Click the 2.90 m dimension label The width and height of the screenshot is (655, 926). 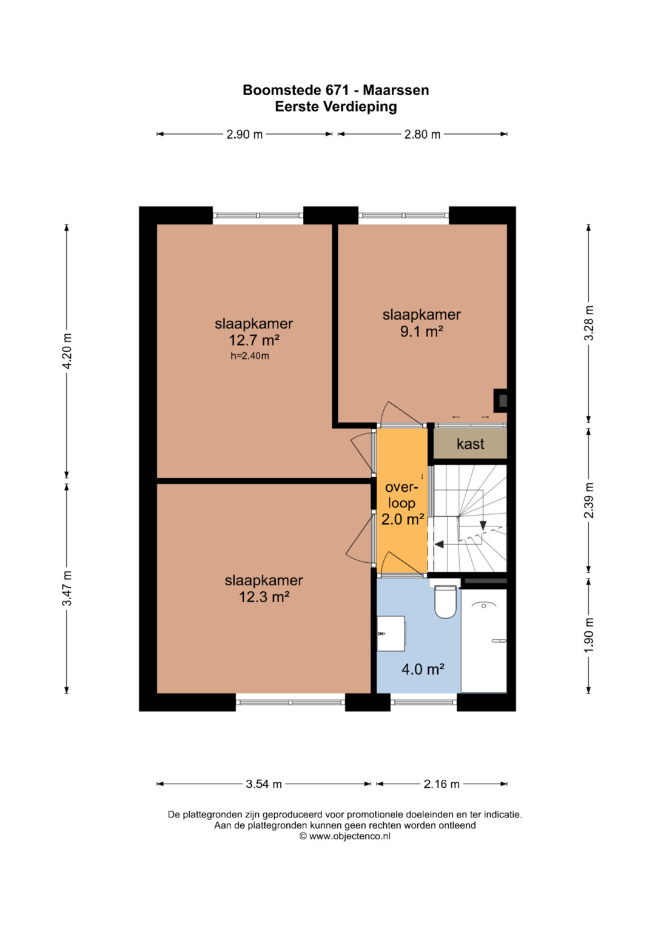pyautogui.click(x=244, y=135)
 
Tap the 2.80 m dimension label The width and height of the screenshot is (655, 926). pyautogui.click(x=422, y=135)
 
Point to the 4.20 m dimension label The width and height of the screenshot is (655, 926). pyautogui.click(x=67, y=351)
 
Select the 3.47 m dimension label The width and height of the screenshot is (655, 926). pyautogui.click(x=67, y=588)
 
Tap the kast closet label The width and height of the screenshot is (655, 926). pyautogui.click(x=470, y=444)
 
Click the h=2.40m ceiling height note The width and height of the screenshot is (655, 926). pyautogui.click(x=250, y=356)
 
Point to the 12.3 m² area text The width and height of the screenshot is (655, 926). pyautogui.click(x=264, y=597)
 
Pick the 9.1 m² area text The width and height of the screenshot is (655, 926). pyautogui.click(x=422, y=332)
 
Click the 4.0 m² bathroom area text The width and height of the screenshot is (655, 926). pyautogui.click(x=423, y=669)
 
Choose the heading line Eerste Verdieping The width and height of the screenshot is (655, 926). pyautogui.click(x=336, y=107)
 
